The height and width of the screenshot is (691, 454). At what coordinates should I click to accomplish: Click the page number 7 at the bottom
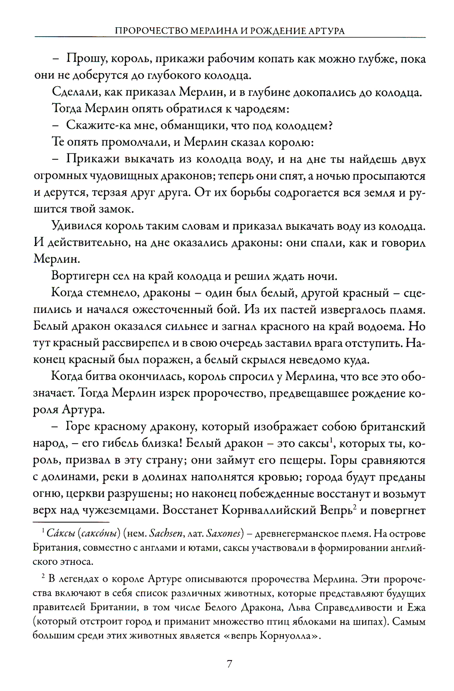click(x=229, y=664)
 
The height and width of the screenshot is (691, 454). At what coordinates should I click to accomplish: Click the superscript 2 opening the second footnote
click(x=43, y=577)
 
